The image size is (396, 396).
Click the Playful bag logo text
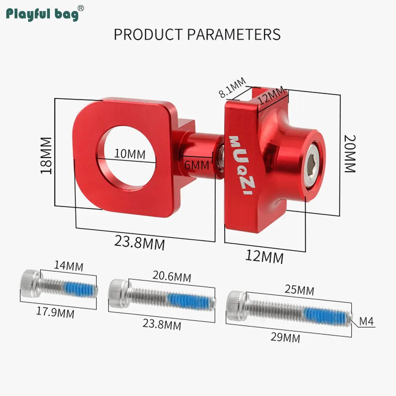click(42, 14)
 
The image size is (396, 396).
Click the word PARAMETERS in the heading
click(234, 34)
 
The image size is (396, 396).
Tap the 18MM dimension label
click(46, 156)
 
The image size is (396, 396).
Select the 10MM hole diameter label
click(130, 154)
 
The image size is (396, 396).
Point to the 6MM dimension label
click(197, 166)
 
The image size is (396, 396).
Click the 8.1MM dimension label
click(232, 88)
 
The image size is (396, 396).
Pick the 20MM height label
click(350, 154)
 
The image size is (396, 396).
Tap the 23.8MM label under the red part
click(140, 242)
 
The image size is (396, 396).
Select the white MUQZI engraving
click(242, 165)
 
